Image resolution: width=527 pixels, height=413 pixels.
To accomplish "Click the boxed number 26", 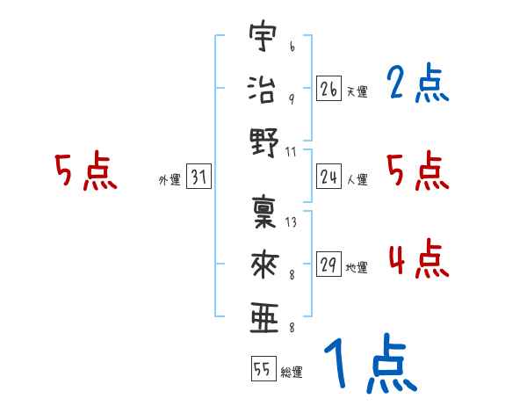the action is tap(328, 89).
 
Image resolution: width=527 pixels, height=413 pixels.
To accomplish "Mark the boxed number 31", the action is tap(199, 178).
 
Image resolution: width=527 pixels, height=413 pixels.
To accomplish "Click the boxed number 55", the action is tap(263, 370).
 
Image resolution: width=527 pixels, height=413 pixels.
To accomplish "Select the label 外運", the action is tap(170, 180).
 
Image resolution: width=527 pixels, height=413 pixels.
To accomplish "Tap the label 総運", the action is tap(292, 373).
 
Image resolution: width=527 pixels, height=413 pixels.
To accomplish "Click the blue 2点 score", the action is tap(416, 84).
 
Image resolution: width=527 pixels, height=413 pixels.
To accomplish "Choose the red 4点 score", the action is tap(416, 260).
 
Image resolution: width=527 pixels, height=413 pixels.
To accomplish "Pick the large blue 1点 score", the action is tap(369, 364).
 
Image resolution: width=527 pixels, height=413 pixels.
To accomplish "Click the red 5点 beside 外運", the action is tap(85, 171).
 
